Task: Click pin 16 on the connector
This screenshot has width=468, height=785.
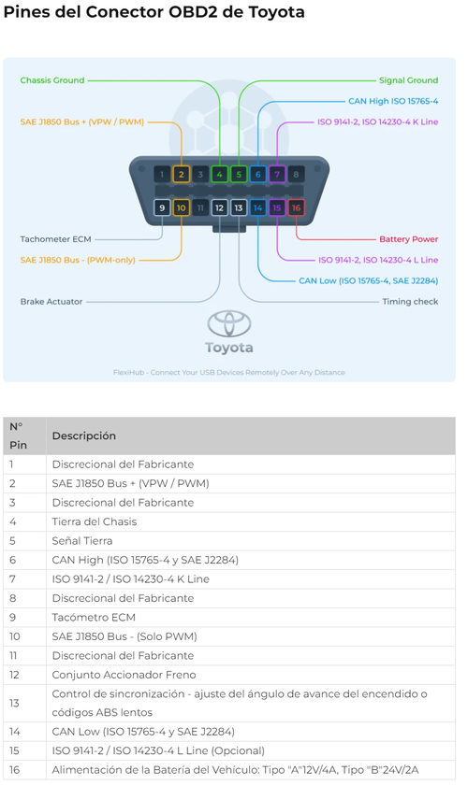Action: [x=296, y=207]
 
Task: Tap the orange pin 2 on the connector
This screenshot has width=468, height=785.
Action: [x=181, y=174]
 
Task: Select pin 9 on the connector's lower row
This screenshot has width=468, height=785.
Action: [x=162, y=207]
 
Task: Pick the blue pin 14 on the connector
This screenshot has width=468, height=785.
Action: [x=257, y=207]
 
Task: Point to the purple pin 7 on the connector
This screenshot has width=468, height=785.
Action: [x=277, y=174]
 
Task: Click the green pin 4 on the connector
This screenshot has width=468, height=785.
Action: [x=219, y=174]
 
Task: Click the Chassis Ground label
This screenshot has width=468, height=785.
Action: [x=52, y=80]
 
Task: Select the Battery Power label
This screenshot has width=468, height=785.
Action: [x=409, y=239]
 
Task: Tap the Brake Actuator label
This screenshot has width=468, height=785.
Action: [x=51, y=301]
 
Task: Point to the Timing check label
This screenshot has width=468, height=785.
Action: [x=410, y=301]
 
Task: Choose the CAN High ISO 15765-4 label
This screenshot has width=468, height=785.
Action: [x=393, y=101]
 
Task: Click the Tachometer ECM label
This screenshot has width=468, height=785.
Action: [x=55, y=239]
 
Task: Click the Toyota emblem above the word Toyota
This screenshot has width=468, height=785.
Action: [x=229, y=323]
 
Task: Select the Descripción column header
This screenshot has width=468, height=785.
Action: [x=83, y=435]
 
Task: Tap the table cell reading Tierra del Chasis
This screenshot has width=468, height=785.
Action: [x=95, y=521]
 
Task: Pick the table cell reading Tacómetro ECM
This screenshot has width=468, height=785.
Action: [x=94, y=618]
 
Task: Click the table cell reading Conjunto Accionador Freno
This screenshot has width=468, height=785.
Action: [x=124, y=675]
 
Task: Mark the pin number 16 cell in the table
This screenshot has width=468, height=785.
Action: [x=15, y=770]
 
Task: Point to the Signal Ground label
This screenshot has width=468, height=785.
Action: [x=408, y=80]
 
